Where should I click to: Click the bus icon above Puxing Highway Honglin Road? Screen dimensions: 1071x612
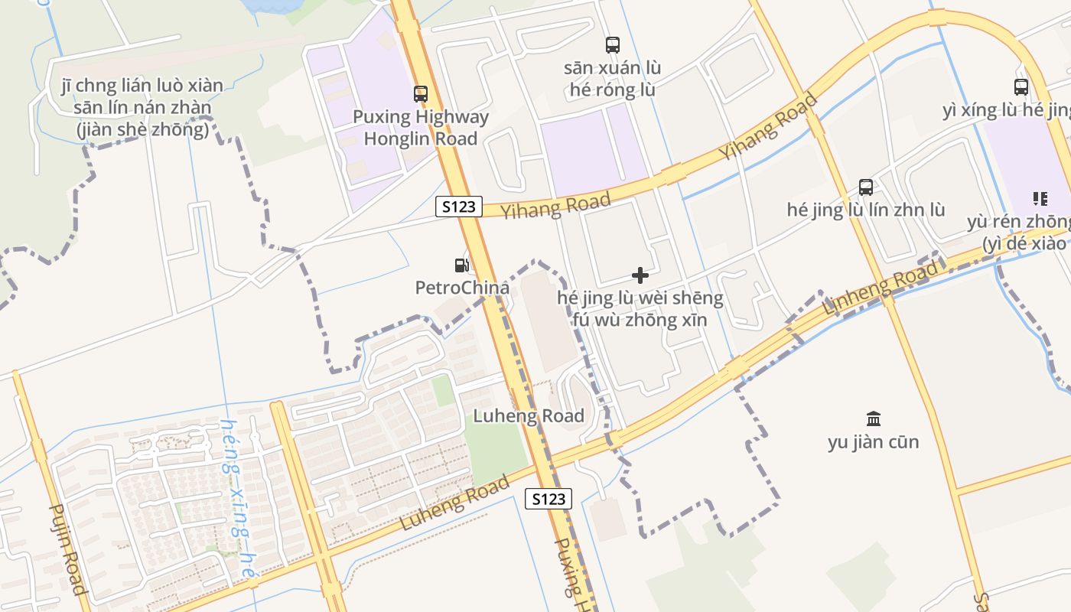(421, 94)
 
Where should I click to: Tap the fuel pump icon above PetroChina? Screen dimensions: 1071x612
(461, 265)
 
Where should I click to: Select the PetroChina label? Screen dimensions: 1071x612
(462, 288)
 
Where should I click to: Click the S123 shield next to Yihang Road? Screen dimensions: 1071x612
(459, 207)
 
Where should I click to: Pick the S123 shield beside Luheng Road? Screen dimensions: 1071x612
(549, 500)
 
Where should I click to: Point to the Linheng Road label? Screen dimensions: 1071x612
(881, 290)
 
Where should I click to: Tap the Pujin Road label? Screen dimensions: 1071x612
(68, 549)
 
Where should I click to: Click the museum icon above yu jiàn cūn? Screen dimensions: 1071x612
(874, 418)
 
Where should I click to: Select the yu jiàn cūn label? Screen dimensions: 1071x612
(874, 442)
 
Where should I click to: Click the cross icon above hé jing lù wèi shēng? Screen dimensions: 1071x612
(640, 275)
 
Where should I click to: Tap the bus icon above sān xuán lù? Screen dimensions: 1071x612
(613, 45)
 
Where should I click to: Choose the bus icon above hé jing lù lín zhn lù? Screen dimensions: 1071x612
(866, 187)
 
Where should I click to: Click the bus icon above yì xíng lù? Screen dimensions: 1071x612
(1021, 87)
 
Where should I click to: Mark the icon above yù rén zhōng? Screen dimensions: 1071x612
(1040, 199)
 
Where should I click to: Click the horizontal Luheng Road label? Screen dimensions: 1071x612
(529, 416)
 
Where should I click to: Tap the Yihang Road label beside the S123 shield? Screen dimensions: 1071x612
(556, 205)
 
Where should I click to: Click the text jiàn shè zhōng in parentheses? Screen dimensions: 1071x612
(142, 131)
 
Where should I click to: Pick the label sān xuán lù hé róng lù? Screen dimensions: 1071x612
(613, 79)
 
